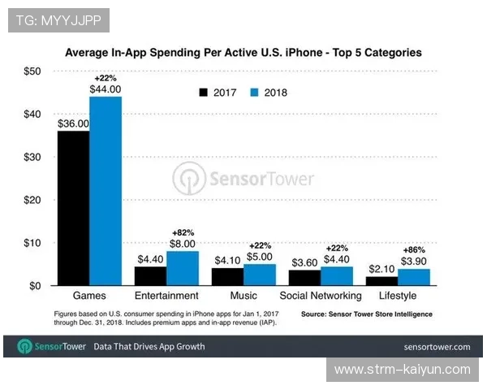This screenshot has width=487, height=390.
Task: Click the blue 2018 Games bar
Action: pos(106,191)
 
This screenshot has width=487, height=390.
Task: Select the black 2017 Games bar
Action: pos(73,208)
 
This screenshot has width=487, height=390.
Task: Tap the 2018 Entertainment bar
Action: pos(182,268)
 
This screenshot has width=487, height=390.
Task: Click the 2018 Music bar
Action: pos(259,275)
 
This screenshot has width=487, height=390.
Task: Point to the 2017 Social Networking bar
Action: pos(304,278)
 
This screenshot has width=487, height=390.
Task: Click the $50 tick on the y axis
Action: pos(29,71)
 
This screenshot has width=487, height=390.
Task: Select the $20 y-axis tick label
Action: pos(29,200)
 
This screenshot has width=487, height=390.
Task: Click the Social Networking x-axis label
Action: pos(321,296)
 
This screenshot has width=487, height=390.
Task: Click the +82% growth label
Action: pos(182,232)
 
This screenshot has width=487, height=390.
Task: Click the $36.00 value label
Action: pos(73,123)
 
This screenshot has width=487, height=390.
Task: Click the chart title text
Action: pos(243,53)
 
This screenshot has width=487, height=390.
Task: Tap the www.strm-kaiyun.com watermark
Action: pos(403,370)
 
